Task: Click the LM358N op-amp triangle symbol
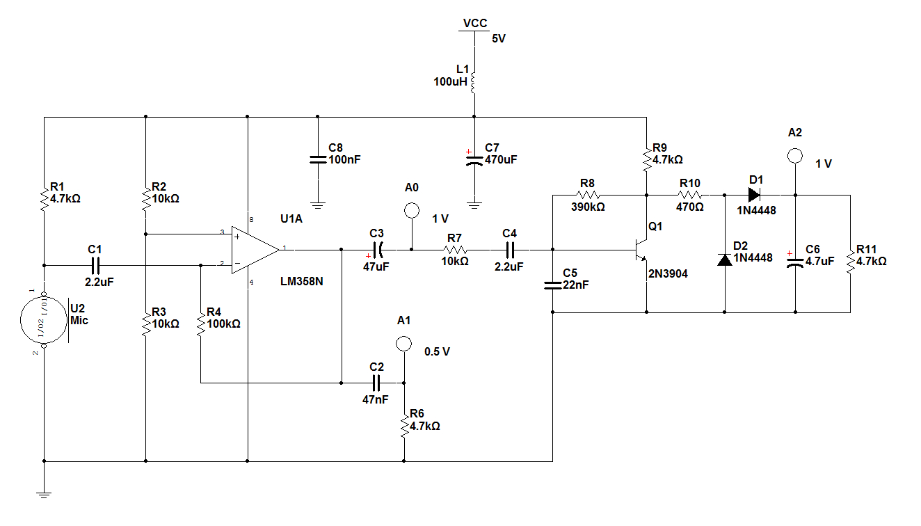pos(255,248)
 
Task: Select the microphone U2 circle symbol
pos(43,321)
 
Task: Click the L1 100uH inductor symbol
pos(474,81)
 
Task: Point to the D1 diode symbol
pos(755,195)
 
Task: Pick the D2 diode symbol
pos(725,259)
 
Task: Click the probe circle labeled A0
pos(411,209)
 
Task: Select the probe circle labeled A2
pos(795,155)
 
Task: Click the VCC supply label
pos(475,23)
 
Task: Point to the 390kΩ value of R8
pos(587,207)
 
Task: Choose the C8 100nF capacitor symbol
pos(317,159)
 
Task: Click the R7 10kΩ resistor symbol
pos(455,249)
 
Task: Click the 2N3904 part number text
pos(668,273)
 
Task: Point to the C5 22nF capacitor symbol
pos(552,284)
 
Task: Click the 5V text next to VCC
pos(499,39)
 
